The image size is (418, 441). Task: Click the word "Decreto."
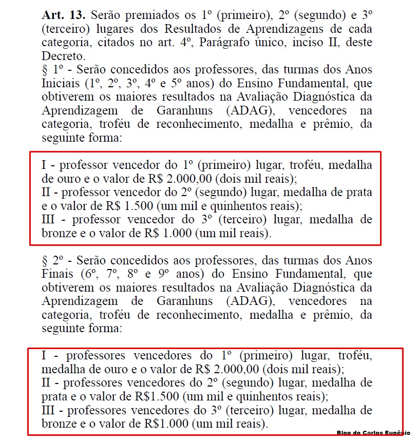coord(62,56)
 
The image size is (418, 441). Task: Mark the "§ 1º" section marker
coord(53,69)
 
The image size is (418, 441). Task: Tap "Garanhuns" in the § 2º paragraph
coord(187,301)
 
